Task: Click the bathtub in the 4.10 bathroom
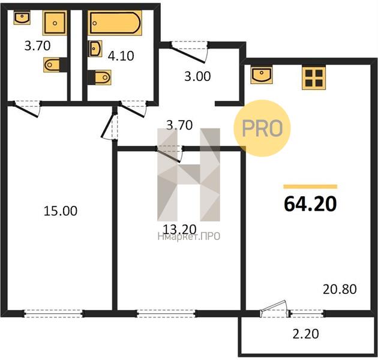115,23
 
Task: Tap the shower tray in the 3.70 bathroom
55,23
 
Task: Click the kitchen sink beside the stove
262,75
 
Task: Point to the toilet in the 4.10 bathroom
100,77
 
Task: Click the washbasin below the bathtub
95,49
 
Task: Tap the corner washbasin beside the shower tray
22,17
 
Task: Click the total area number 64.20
310,204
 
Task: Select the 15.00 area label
61,211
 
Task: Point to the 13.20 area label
179,229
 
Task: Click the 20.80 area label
340,289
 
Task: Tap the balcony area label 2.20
305,334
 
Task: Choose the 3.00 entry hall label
197,76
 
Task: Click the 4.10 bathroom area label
121,56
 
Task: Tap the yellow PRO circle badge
262,128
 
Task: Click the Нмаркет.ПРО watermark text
189,236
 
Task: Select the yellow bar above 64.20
310,187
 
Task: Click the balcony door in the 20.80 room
274,310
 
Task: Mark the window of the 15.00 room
53,313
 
